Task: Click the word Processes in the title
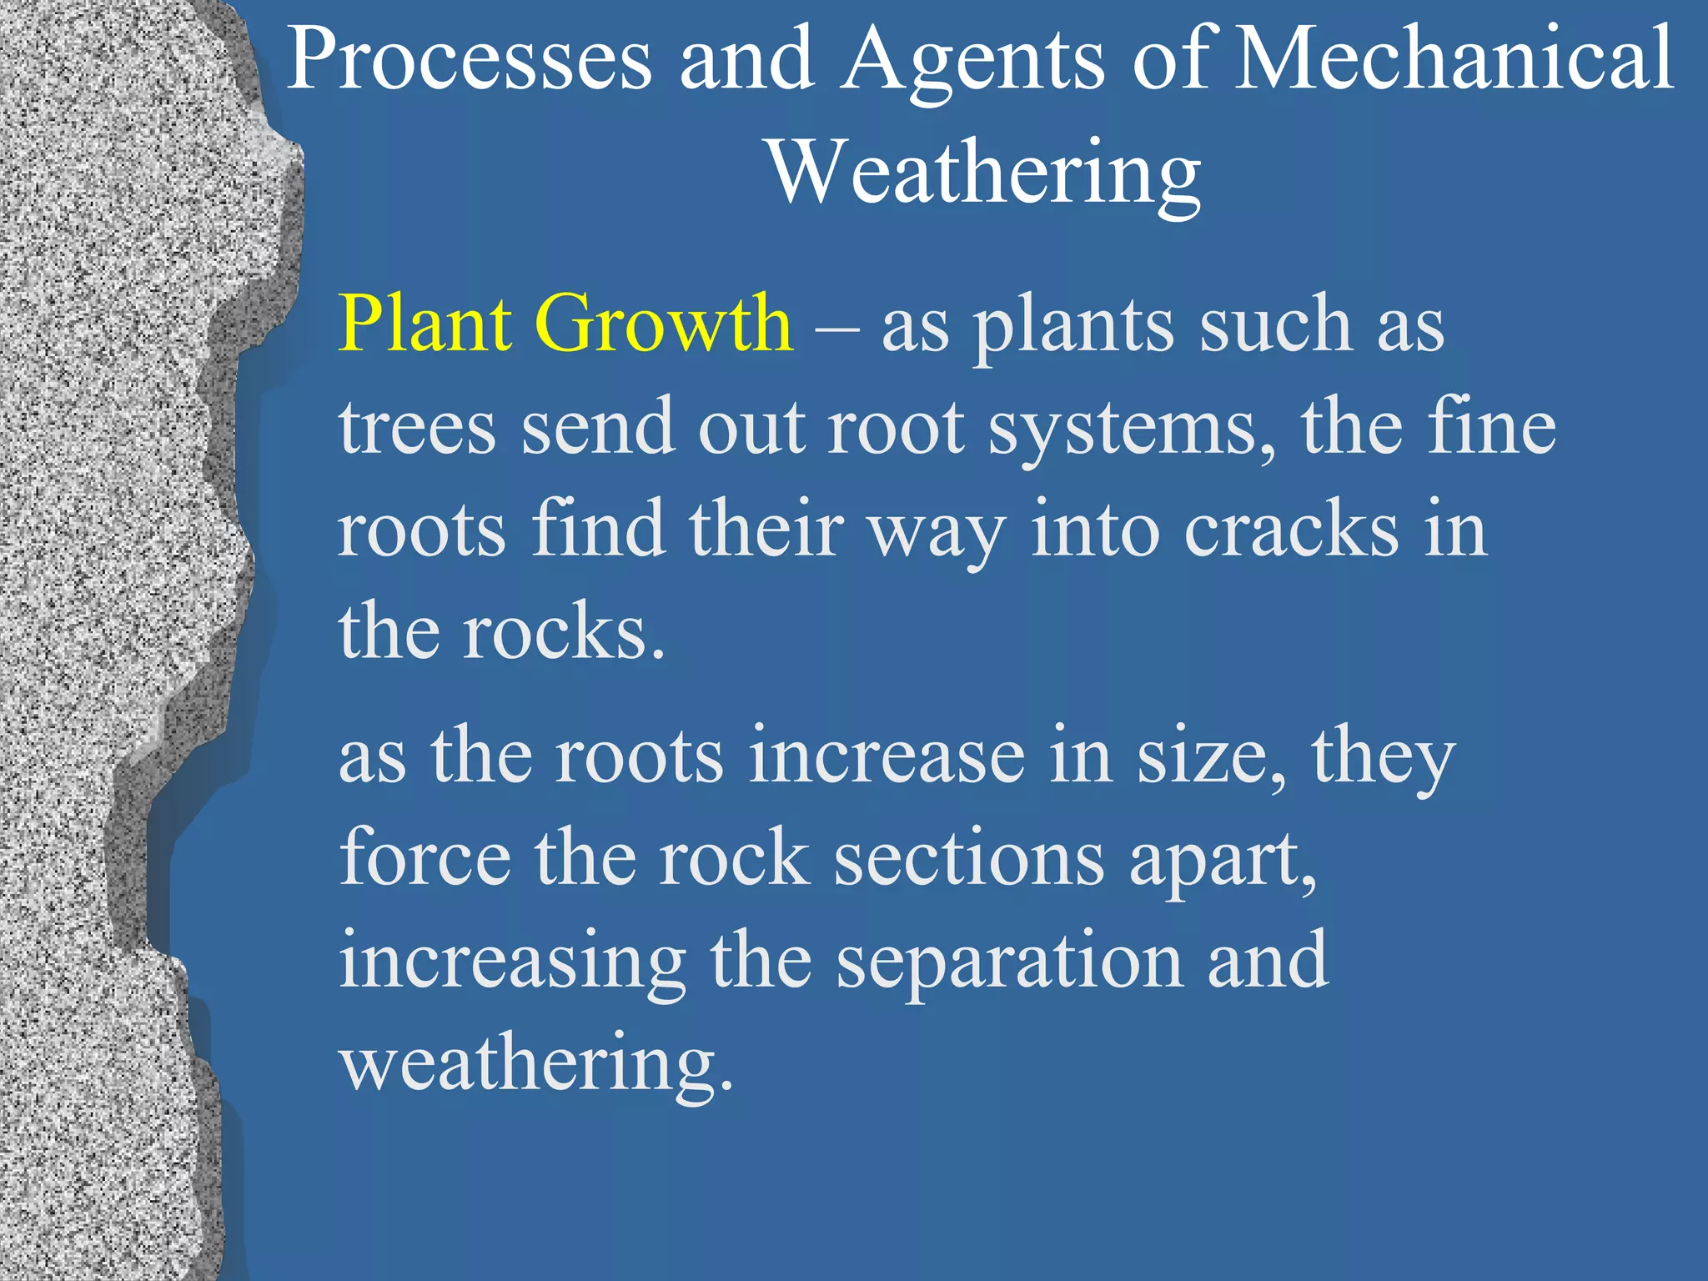469,60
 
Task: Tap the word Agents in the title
972,60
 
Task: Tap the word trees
417,428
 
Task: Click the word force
425,859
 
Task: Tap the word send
598,428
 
